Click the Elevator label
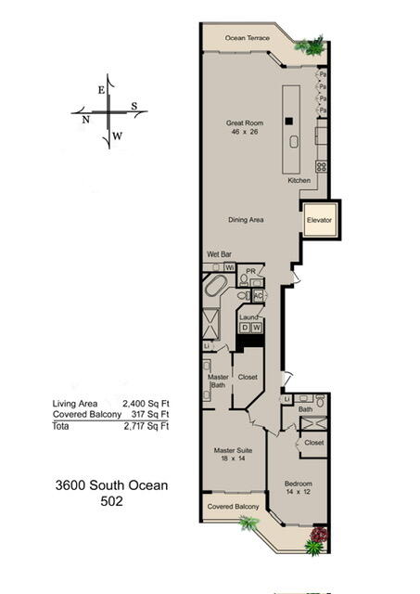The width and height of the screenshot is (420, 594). tap(321, 220)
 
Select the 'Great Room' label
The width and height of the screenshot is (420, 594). tap(247, 123)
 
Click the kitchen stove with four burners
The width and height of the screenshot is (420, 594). tap(322, 167)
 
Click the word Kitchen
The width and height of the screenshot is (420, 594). tap(299, 179)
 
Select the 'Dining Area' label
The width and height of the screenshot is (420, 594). tap(248, 220)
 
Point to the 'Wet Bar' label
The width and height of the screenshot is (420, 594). tap(219, 253)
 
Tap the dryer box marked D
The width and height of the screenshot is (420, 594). tap(245, 327)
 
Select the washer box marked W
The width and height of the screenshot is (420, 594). tap(257, 327)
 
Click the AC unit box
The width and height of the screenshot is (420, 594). tap(258, 295)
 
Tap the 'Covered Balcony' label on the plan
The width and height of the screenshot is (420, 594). tap(233, 507)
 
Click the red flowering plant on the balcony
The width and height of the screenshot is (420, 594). tap(320, 535)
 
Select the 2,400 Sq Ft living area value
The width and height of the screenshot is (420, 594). tap(146, 404)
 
